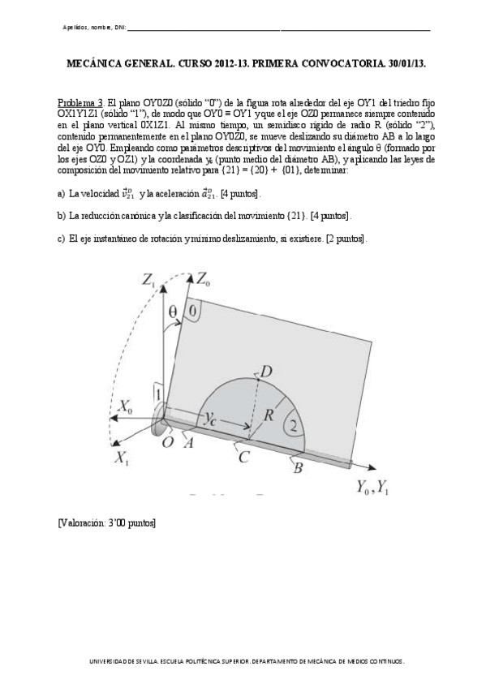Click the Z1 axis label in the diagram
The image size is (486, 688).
[149, 282]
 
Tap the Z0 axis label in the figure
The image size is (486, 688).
[204, 280]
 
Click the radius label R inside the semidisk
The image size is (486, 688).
[270, 415]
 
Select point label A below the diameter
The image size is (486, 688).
[188, 442]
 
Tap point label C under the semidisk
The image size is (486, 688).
[242, 456]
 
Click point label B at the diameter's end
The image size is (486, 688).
[297, 467]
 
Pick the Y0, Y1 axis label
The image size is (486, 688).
[372, 488]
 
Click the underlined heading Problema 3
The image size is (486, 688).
[80, 104]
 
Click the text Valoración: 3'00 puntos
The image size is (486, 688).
[106, 523]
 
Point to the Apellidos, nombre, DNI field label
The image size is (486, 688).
[93, 28]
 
